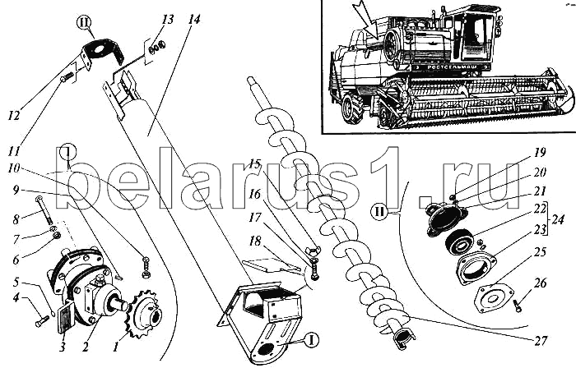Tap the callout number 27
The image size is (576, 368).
click(541, 341)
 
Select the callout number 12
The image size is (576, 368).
click(15, 116)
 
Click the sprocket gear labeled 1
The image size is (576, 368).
click(142, 310)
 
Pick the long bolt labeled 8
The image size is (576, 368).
click(44, 211)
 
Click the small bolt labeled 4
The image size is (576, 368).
click(42, 322)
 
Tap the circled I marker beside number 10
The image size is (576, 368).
click(68, 152)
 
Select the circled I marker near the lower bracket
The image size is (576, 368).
click(311, 340)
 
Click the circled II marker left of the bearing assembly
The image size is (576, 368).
click(379, 212)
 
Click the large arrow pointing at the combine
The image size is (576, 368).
click(367, 22)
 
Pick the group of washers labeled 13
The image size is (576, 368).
click(157, 47)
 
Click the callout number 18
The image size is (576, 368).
click(255, 241)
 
